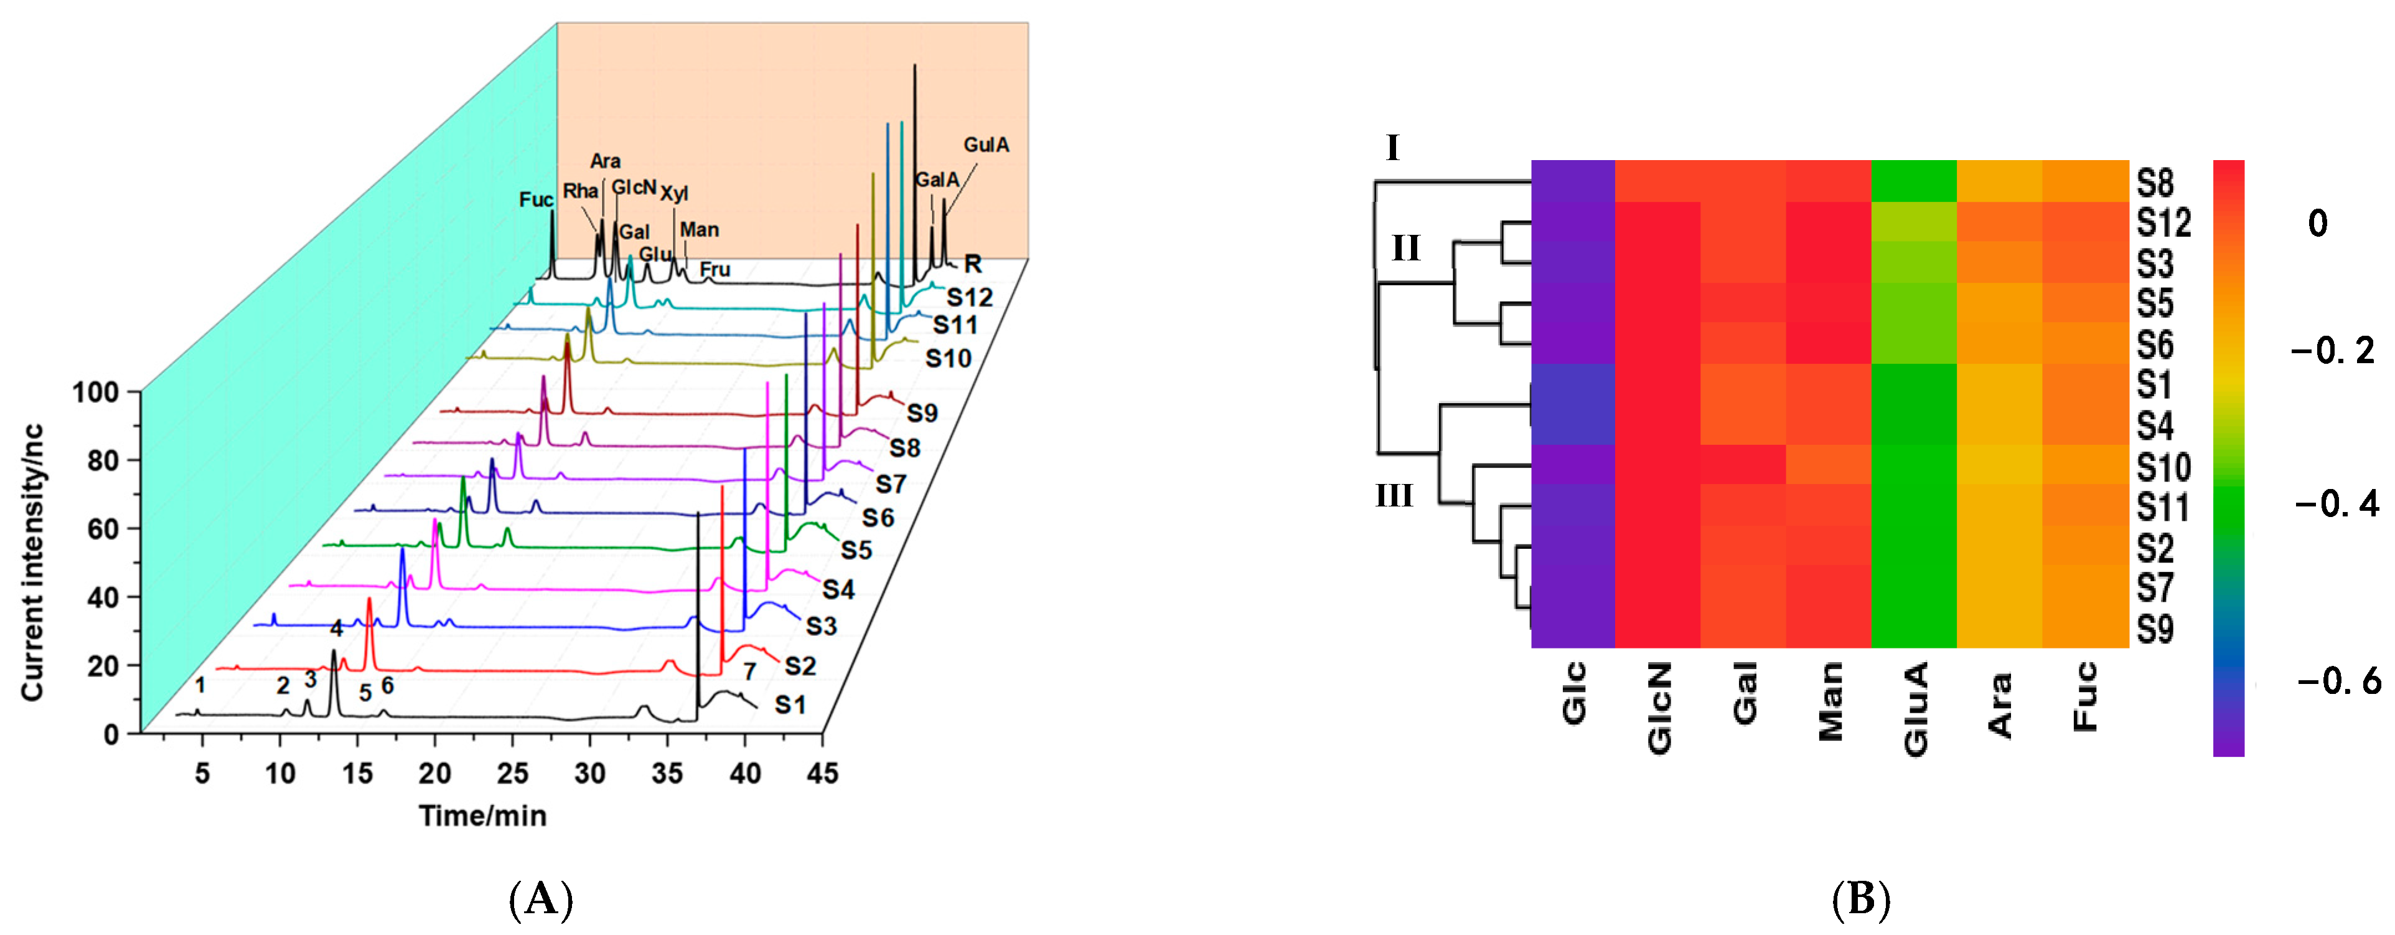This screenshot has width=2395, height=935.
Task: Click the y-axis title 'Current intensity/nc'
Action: (34, 563)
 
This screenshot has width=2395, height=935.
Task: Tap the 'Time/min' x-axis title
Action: (482, 816)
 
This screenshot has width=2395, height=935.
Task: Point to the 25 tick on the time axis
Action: (512, 773)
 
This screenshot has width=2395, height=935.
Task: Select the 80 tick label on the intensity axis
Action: (103, 460)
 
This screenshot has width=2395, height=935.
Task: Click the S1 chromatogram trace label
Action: (790, 705)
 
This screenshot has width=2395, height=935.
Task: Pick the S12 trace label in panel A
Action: (970, 298)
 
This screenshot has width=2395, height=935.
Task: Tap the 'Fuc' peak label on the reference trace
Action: (535, 200)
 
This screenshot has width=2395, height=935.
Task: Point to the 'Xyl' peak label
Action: (674, 194)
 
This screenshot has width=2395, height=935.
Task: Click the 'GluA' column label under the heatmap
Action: (1915, 709)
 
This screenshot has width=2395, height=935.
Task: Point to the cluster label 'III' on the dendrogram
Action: (1394, 496)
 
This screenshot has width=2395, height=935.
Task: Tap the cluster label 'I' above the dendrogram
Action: (1392, 148)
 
